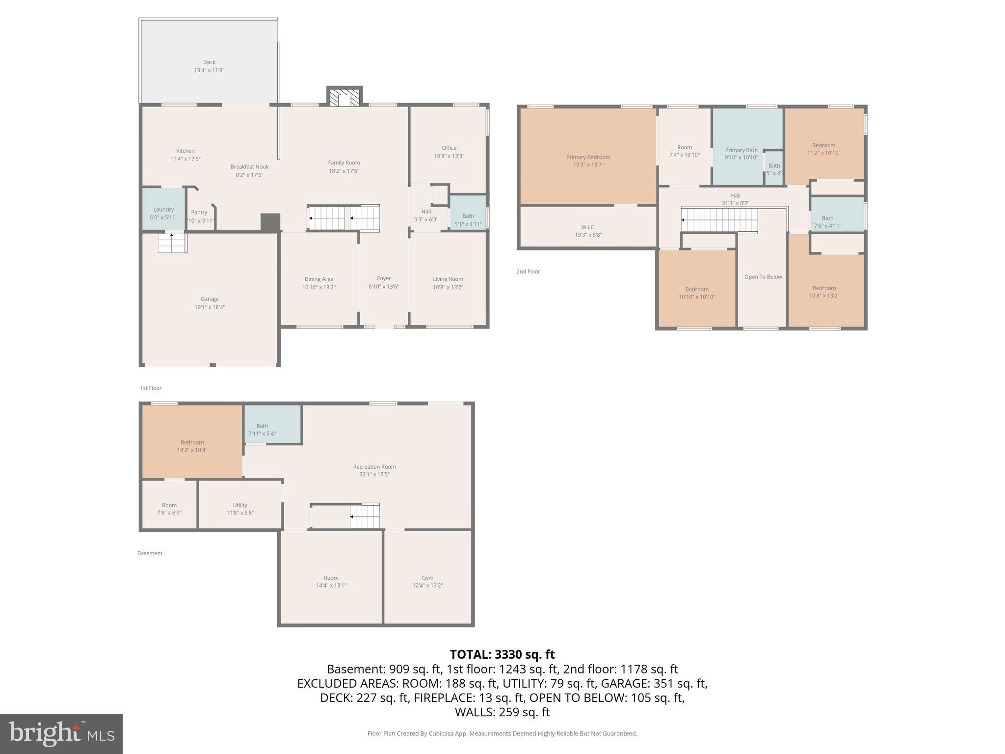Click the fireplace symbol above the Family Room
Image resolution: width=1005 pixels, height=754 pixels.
pyautogui.click(x=344, y=97)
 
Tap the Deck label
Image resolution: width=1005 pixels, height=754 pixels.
pyautogui.click(x=209, y=62)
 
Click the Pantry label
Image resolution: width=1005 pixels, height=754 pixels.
pyautogui.click(x=199, y=213)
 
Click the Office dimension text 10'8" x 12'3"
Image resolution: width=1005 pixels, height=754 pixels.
pyautogui.click(x=449, y=156)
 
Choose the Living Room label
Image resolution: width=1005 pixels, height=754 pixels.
pyautogui.click(x=448, y=279)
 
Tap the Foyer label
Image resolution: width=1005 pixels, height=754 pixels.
pyautogui.click(x=384, y=278)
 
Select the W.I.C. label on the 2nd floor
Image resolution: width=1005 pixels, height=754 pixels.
pyautogui.click(x=588, y=227)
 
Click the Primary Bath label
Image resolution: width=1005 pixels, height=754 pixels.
pyautogui.click(x=741, y=150)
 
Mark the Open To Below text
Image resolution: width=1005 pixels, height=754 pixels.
pyautogui.click(x=763, y=277)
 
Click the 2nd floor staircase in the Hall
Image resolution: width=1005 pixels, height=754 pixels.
pyautogui.click(x=719, y=220)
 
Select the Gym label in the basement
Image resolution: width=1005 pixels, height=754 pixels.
pyautogui.click(x=427, y=578)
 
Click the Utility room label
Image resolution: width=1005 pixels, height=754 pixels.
pyautogui.click(x=240, y=505)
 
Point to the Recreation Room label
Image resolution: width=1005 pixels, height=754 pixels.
pyautogui.click(x=374, y=467)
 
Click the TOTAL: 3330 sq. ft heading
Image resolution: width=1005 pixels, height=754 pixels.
pyautogui.click(x=502, y=654)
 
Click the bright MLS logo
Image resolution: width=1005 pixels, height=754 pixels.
pyautogui.click(x=61, y=734)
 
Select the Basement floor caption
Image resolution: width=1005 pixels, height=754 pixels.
pyautogui.click(x=150, y=553)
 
